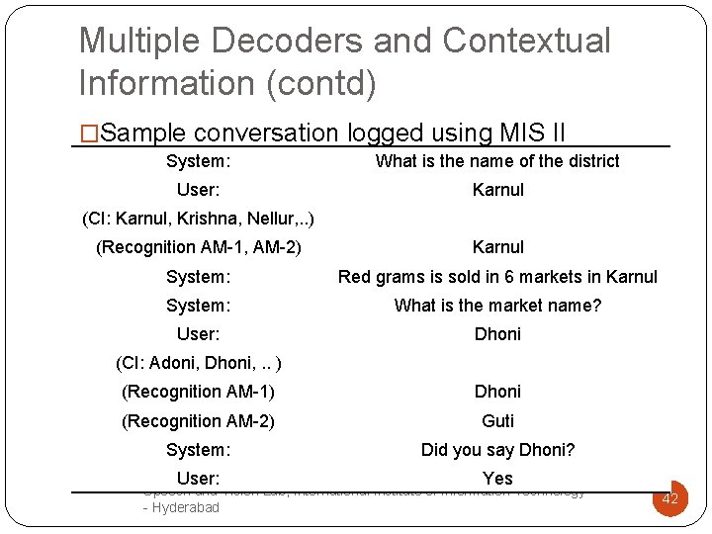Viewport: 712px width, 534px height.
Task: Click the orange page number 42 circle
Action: pos(669,498)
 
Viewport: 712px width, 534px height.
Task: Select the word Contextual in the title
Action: pos(527,41)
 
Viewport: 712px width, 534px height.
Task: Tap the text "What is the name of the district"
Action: pos(497,161)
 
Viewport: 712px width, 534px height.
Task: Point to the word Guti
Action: pos(497,421)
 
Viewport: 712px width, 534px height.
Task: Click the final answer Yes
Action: pos(497,479)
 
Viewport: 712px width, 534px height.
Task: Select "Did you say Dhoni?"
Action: pos(497,450)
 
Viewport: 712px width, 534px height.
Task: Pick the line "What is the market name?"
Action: pos(497,306)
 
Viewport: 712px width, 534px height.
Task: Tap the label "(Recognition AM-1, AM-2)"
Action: pos(199,247)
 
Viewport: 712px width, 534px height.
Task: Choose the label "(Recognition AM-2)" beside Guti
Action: pos(199,421)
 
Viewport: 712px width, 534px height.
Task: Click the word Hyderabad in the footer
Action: pos(186,507)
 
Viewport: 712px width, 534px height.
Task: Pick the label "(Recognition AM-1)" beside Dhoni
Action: pos(199,392)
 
